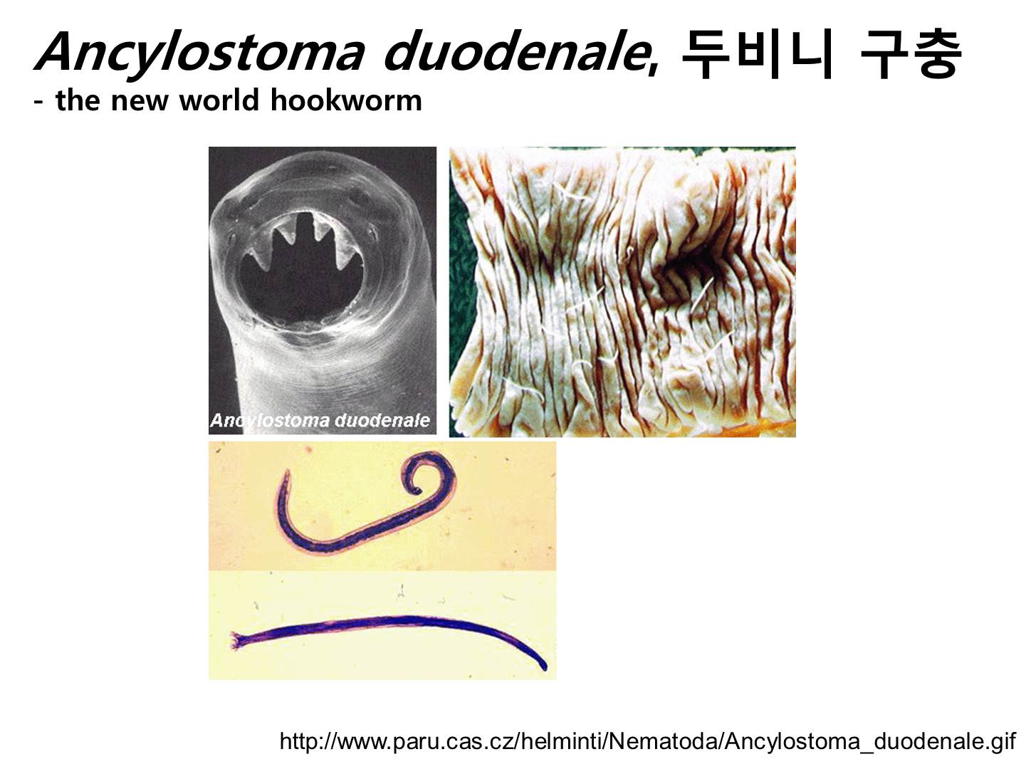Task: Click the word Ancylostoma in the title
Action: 199,52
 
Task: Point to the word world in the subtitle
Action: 219,100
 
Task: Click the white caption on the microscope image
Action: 320,420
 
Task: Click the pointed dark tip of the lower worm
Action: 544,666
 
